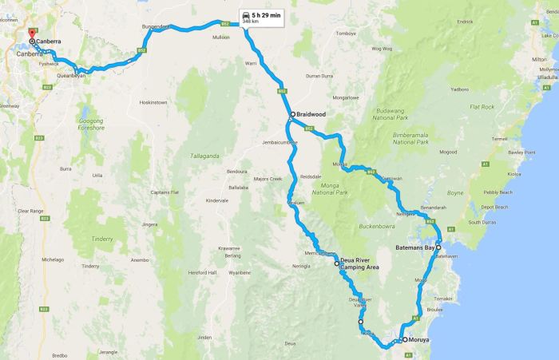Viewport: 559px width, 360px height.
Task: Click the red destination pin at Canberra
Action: (x=31, y=34)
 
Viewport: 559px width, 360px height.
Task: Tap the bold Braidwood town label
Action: (x=311, y=114)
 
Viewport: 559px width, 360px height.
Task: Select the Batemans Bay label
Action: (x=414, y=248)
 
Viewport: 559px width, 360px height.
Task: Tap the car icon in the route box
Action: (x=245, y=15)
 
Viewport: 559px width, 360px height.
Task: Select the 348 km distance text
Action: (x=260, y=23)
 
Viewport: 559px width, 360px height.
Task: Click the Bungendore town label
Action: (x=154, y=26)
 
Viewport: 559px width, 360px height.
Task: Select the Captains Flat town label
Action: (x=165, y=192)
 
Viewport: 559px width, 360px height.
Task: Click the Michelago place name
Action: (x=53, y=259)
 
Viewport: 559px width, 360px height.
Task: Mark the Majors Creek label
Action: (x=268, y=178)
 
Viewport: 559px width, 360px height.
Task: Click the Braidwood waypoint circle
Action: (x=292, y=114)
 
